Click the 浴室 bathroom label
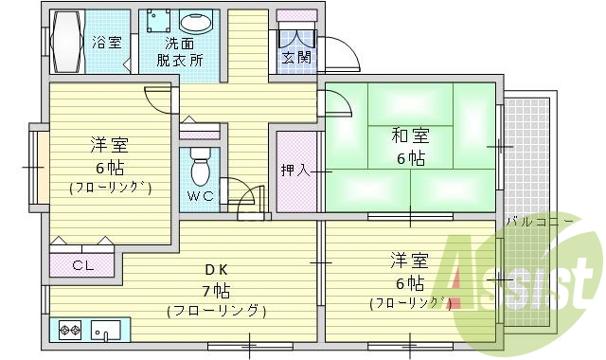[x=107, y=42]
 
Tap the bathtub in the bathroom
[x=66, y=42]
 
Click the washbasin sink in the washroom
[x=196, y=25]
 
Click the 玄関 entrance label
[x=295, y=57]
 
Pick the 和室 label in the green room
[x=410, y=135]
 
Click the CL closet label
[x=82, y=265]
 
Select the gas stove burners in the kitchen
[x=69, y=331]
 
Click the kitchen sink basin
[x=104, y=331]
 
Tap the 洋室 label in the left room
[x=109, y=144]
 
